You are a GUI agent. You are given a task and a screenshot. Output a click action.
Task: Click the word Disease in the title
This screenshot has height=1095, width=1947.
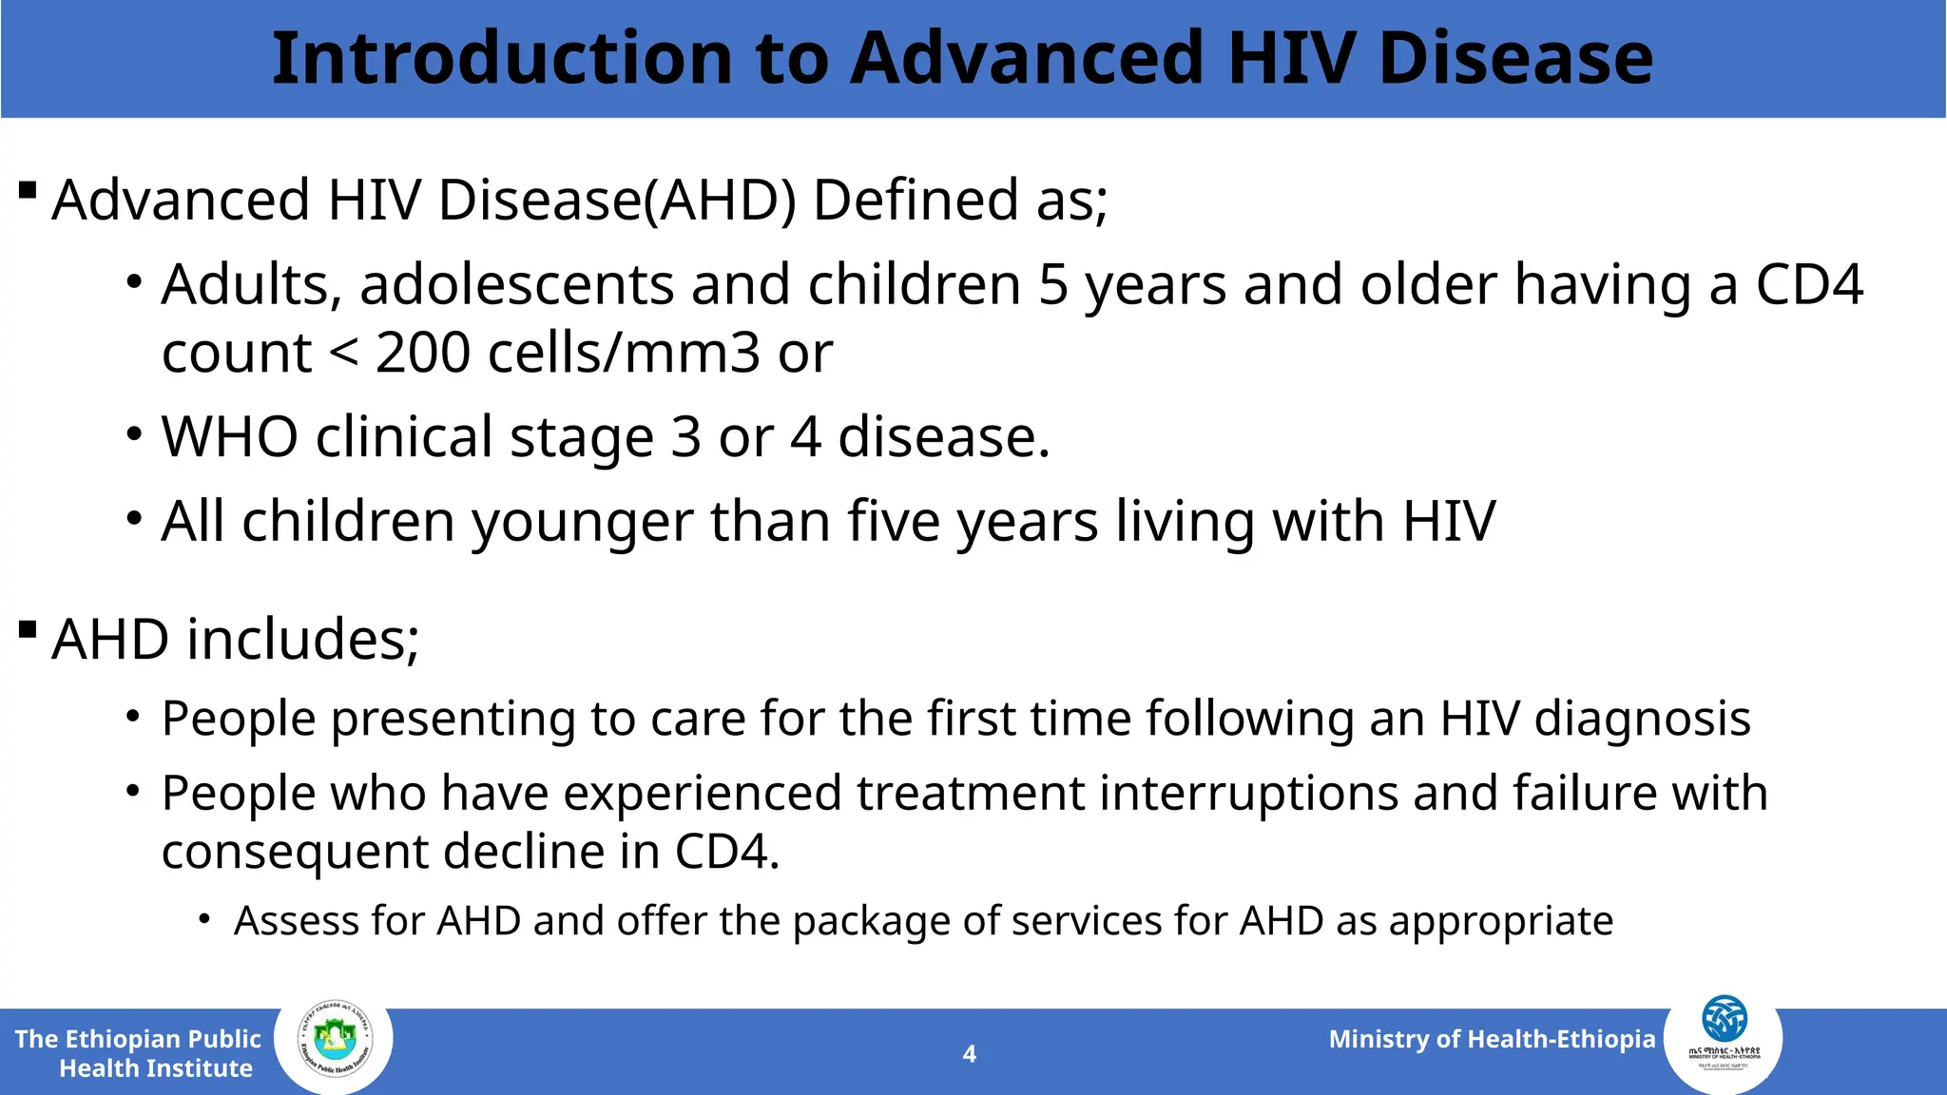point(1515,59)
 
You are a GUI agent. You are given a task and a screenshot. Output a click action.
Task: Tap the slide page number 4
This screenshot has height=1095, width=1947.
point(969,1054)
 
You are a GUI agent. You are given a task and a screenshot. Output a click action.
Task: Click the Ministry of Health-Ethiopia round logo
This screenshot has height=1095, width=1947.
point(1724,1042)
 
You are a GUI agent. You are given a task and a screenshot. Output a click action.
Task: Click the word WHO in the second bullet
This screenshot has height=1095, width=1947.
point(229,437)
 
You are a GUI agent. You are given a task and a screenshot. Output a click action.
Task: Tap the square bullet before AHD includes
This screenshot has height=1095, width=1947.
point(28,629)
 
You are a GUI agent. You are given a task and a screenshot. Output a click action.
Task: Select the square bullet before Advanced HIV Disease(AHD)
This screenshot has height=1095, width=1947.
point(28,190)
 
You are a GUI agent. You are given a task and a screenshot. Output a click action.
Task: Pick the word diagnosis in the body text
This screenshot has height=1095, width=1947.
point(1642,719)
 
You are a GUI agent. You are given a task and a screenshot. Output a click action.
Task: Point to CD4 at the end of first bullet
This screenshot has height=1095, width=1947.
point(1808,284)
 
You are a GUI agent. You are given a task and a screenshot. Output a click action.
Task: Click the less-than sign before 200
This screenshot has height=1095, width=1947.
point(343,354)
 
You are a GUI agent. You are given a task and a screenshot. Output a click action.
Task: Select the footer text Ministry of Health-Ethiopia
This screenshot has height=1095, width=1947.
point(1492,1039)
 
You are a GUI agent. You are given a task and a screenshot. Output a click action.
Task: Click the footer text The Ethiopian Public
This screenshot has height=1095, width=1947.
point(138,1039)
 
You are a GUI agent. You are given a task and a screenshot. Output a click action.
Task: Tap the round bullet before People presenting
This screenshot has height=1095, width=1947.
point(134,715)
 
